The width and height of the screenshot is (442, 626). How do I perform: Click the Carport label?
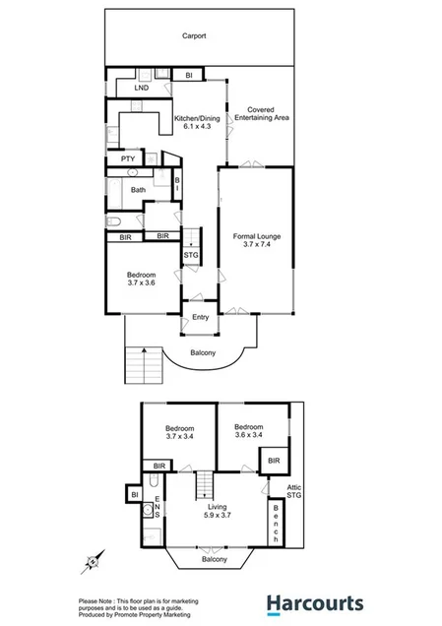click(x=193, y=36)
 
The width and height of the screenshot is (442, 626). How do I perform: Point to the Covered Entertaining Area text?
click(x=261, y=114)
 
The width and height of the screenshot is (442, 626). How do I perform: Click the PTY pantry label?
click(x=127, y=158)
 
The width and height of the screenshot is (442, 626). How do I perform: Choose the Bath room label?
click(x=138, y=190)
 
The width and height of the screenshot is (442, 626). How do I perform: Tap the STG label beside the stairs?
click(x=191, y=256)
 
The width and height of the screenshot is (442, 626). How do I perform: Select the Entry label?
click(x=200, y=317)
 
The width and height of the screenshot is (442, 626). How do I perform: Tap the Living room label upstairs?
click(x=217, y=508)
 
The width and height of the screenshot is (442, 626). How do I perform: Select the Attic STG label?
click(x=294, y=491)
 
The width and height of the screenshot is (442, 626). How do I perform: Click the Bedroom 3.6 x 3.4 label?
click(x=250, y=430)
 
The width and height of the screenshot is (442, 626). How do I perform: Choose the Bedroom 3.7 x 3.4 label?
click(x=179, y=432)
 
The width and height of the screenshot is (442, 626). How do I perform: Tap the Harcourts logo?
click(x=315, y=603)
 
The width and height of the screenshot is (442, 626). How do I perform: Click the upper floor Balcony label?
click(x=214, y=559)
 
